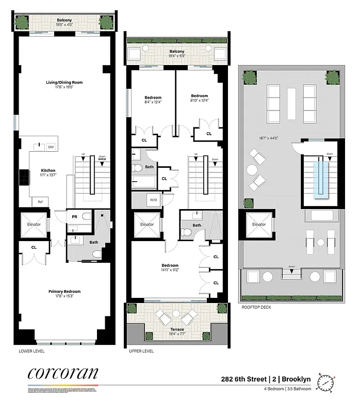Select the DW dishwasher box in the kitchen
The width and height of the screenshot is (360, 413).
pos(51,147)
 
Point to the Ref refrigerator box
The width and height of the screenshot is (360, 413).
pos(40,202)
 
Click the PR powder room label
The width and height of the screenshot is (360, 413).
pos(75,217)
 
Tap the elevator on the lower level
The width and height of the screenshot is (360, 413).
pos(34,224)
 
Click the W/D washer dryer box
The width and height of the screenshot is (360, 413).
pos(153,199)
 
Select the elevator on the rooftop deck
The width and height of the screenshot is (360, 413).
pos(259,225)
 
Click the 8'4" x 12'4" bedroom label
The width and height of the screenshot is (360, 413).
pos(153,100)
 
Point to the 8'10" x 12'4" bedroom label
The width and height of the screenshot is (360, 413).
pos(199,98)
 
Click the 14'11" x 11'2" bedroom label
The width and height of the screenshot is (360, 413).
pos(170,268)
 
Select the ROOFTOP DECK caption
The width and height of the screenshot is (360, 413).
pos(257,307)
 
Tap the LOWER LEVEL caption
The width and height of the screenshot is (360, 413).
pos(31,351)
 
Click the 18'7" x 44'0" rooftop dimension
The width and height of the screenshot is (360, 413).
pos(269,138)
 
